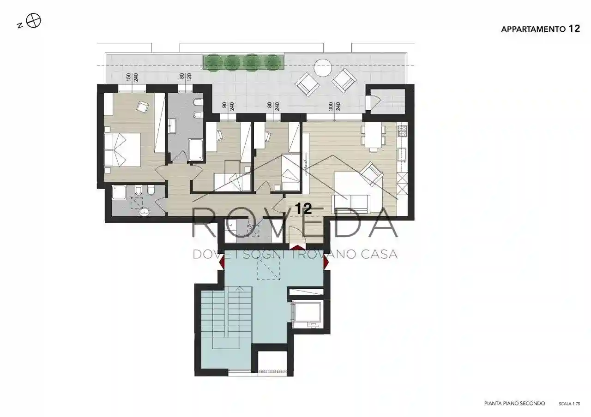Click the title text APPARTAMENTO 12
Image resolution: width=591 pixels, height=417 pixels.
(540, 29)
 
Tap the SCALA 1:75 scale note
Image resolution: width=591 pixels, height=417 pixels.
(569, 411)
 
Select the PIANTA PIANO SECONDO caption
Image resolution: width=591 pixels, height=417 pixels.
(514, 411)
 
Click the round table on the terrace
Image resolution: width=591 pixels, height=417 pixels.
(324, 67)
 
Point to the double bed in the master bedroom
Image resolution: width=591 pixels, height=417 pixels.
(122, 150)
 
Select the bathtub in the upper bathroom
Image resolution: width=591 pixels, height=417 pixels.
(195, 150)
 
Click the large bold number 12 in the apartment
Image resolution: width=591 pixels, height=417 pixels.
(304, 209)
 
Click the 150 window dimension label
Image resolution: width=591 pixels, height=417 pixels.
(128, 77)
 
